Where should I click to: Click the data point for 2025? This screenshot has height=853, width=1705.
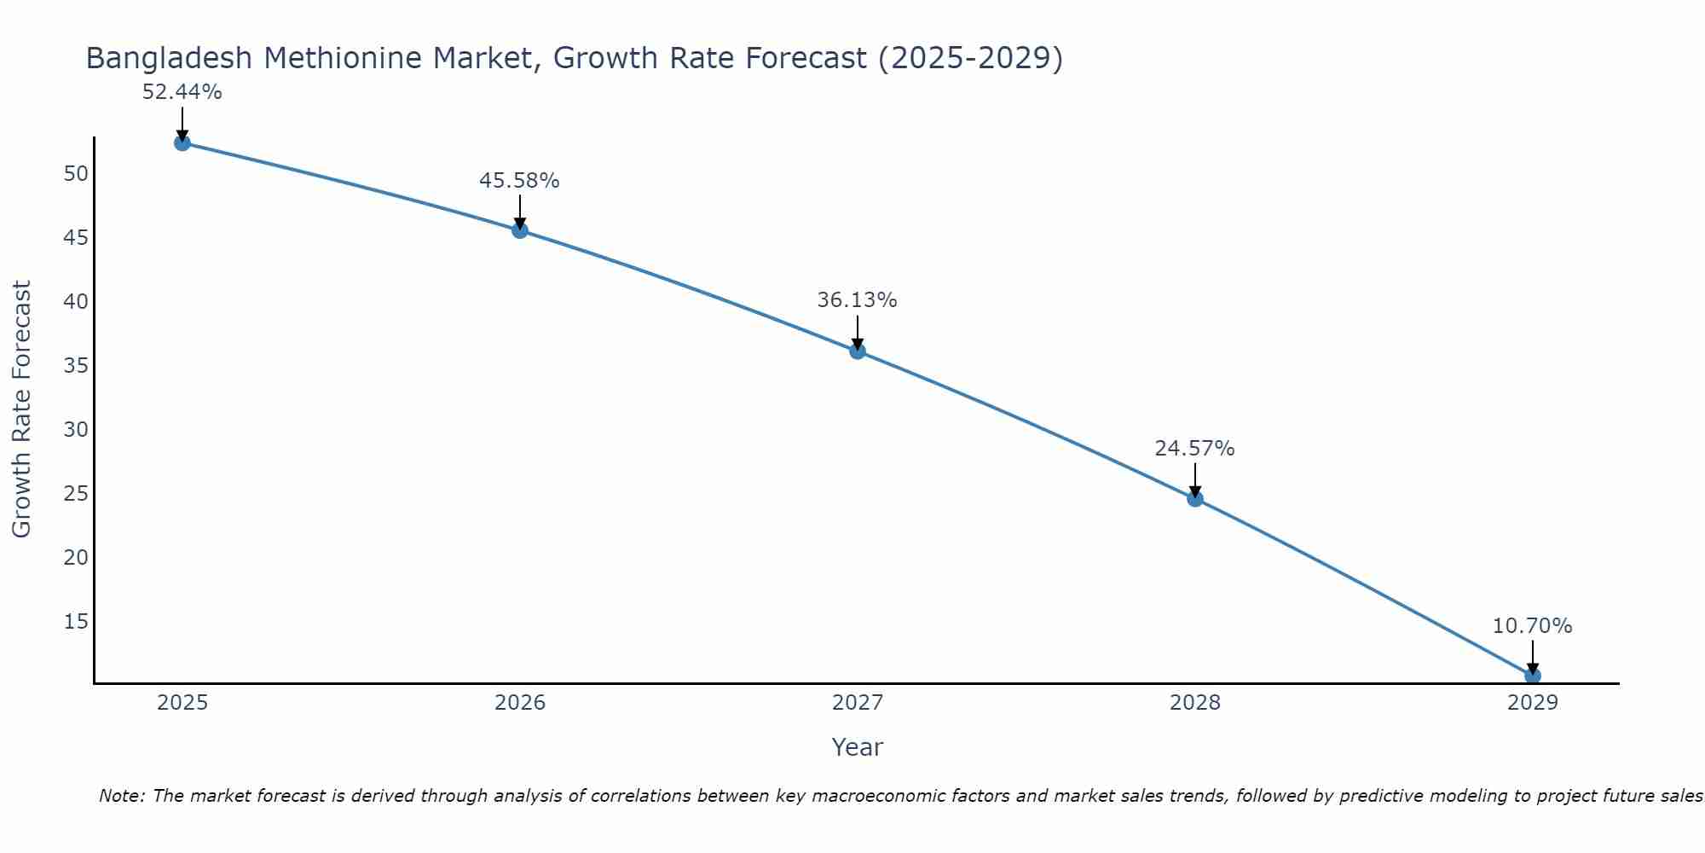(x=182, y=142)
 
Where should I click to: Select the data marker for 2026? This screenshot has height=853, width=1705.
(x=520, y=230)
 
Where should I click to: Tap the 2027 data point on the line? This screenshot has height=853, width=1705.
(x=858, y=351)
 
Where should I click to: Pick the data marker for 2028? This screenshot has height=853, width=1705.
(x=1195, y=499)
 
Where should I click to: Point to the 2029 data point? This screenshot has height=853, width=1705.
(x=1532, y=676)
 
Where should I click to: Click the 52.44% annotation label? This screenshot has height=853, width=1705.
(x=182, y=92)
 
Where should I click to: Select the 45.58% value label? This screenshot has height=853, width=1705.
(x=519, y=181)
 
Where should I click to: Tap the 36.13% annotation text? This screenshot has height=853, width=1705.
(x=857, y=300)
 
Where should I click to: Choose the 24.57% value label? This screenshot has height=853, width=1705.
(x=1194, y=449)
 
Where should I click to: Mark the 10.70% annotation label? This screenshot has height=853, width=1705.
(x=1532, y=626)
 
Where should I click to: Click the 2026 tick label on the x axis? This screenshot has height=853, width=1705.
(x=520, y=703)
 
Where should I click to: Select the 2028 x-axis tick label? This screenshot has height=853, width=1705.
(x=1195, y=703)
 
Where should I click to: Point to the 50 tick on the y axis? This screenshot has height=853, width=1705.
(x=76, y=174)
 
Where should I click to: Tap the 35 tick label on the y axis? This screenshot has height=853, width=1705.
(x=76, y=366)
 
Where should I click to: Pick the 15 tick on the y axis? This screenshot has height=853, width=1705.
(x=76, y=621)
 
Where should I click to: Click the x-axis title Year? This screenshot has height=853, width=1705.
(x=857, y=747)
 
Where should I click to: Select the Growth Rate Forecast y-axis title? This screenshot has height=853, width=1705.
(x=22, y=409)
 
